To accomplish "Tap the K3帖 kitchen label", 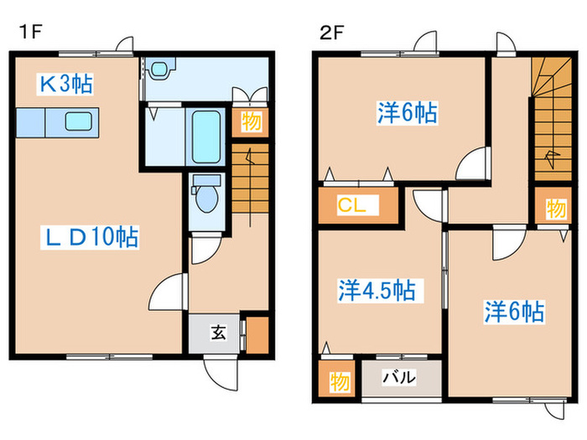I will (64, 84).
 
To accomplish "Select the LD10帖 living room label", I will (91, 237).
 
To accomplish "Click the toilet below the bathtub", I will (204, 198).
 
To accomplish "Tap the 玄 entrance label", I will (217, 332).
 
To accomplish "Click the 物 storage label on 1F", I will (252, 122).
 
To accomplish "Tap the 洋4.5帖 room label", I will (376, 290).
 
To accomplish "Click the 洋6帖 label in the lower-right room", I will (513, 313).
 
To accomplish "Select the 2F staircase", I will (549, 117).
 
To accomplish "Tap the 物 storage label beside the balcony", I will (338, 381).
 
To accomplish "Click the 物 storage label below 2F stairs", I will (554, 208).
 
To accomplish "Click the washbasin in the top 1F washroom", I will (160, 69).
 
